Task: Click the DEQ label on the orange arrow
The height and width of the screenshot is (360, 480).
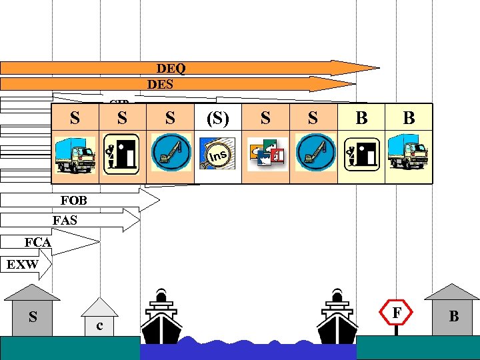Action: (171, 68)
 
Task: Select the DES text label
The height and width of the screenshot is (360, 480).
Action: (159, 84)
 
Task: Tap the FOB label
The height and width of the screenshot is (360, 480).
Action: (73, 201)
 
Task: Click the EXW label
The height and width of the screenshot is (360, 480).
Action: (21, 265)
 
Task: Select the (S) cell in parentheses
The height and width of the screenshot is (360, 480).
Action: (217, 119)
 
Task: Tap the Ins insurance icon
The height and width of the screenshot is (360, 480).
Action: (218, 155)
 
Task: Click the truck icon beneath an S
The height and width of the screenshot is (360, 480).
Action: (75, 155)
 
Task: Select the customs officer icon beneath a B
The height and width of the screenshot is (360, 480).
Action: (361, 155)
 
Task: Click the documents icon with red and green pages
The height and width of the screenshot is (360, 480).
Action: (265, 155)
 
